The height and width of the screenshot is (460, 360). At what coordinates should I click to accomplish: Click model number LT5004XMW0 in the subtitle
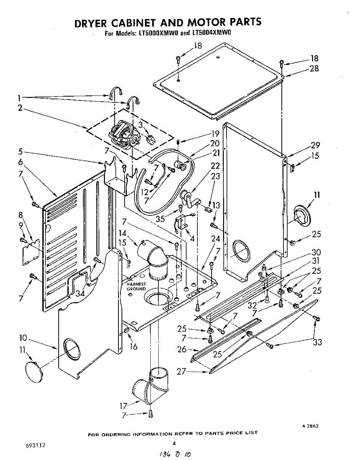coord(211,33)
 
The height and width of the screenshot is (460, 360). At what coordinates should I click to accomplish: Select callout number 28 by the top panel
coord(314,69)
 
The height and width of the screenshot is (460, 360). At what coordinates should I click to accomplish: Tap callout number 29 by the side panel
coord(315,145)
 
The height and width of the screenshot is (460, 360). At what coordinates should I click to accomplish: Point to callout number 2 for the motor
coord(20,108)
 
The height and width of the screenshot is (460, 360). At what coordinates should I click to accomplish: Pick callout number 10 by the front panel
coord(23,338)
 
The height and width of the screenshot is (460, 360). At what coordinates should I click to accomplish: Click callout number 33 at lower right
coord(317,342)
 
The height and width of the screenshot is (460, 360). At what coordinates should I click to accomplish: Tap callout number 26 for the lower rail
coord(182,349)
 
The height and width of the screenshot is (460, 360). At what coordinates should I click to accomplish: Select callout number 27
coord(182,371)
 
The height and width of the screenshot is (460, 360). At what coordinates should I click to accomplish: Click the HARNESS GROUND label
coord(136,286)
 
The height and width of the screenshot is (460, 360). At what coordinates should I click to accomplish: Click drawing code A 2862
coord(311,426)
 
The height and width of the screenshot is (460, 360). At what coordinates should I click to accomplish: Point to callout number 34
coord(80,294)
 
